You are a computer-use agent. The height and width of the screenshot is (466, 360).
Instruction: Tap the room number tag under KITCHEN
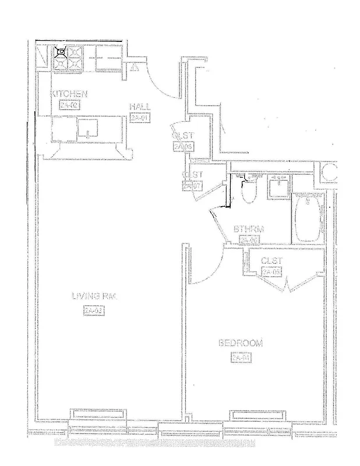tap(69, 105)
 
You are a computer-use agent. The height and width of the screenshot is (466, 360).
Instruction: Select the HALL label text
tap(140, 107)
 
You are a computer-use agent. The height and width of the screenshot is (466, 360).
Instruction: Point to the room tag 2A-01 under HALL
tap(140, 118)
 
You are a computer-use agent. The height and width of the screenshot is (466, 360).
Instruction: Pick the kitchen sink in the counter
tap(87, 129)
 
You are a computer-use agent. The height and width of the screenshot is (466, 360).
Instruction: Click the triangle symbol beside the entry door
tap(135, 68)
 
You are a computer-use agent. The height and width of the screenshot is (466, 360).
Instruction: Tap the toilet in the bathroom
tap(248, 190)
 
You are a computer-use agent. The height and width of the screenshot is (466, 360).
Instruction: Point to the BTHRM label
tap(249, 229)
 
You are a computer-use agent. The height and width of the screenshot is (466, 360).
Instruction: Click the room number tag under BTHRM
tap(249, 240)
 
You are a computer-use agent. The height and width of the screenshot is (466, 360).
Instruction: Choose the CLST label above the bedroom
tap(272, 261)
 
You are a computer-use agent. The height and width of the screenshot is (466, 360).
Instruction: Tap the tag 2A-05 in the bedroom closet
tap(272, 272)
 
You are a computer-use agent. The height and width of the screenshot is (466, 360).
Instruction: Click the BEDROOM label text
tap(240, 344)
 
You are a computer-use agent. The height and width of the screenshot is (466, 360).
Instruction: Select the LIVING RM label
tap(94, 296)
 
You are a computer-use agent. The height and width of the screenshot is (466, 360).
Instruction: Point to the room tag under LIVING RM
tap(93, 310)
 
